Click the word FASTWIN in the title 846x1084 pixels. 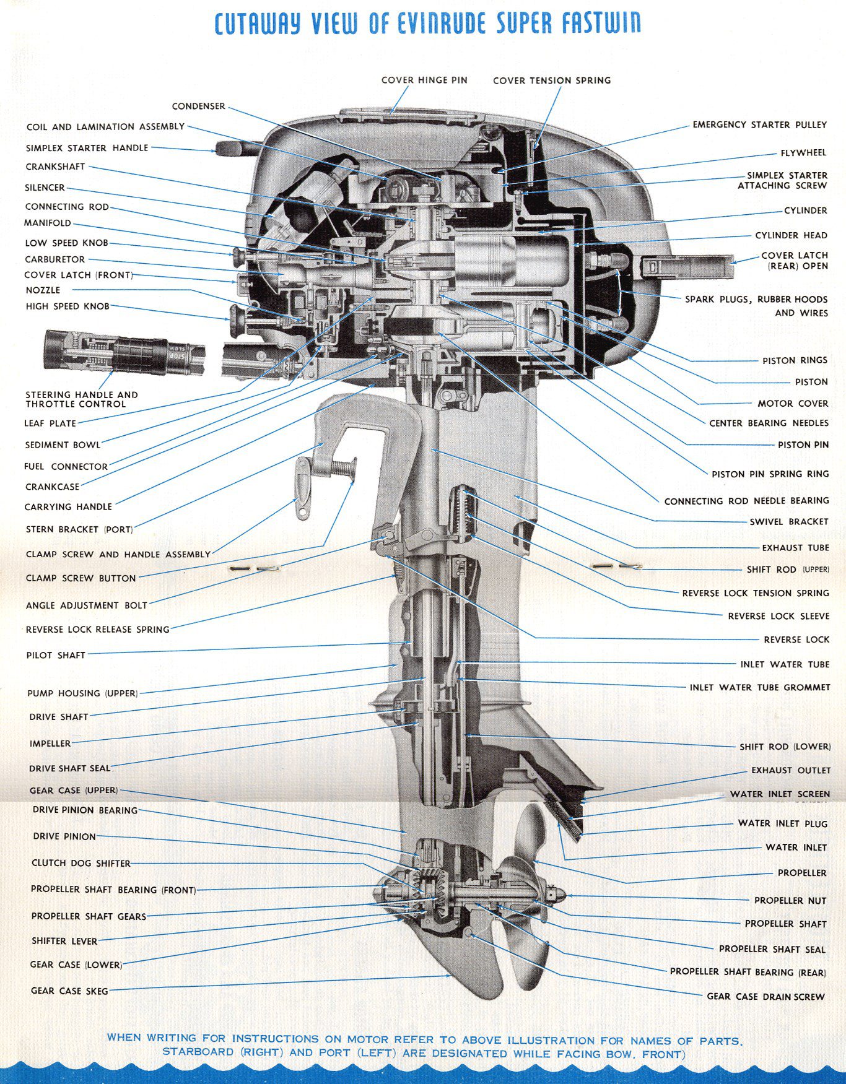click(x=601, y=23)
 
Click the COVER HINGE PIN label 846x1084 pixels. click(x=424, y=80)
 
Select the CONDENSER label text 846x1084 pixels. click(x=198, y=106)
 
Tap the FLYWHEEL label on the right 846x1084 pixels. click(x=803, y=152)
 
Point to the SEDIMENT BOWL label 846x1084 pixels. click(x=63, y=444)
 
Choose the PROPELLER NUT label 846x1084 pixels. click(x=790, y=900)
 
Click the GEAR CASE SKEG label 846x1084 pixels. click(x=69, y=991)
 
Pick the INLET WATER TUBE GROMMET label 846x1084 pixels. click(x=759, y=687)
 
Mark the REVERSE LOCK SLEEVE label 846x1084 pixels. click(x=778, y=616)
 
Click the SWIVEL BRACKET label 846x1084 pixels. click(x=788, y=521)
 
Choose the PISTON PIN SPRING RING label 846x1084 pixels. click(x=770, y=474)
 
